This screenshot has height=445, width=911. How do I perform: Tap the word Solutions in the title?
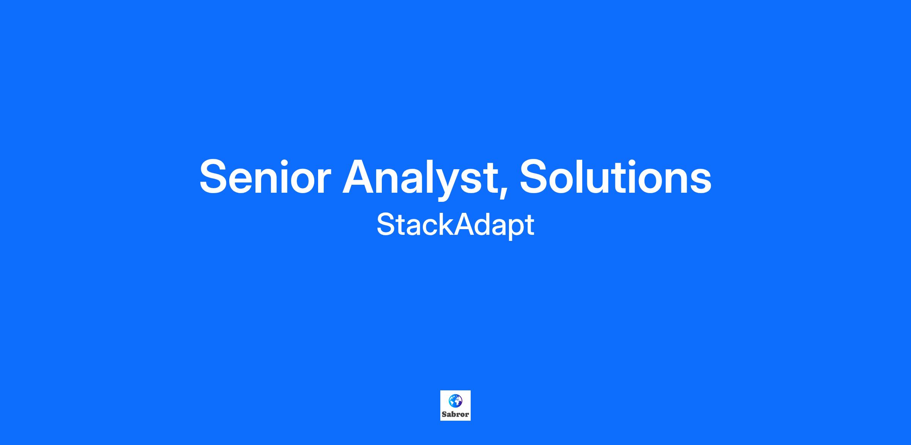coord(616,177)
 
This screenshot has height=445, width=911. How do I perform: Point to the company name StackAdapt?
coord(455,225)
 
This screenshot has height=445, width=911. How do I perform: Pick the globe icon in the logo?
coord(455,401)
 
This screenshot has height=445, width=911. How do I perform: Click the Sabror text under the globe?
coord(455,414)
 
